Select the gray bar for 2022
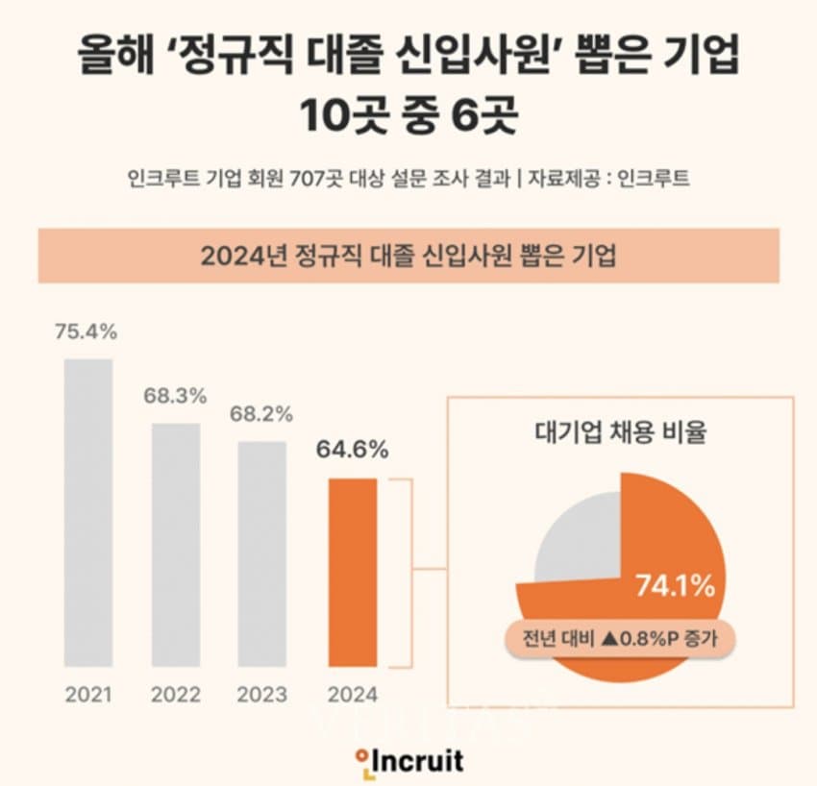(176, 544)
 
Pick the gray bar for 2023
(261, 553)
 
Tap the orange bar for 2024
(352, 573)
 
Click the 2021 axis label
(88, 694)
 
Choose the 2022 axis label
(176, 694)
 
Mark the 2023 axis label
(261, 694)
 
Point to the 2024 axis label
(352, 694)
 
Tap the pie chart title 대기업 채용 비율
(620, 432)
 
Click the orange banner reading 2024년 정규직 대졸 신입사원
(408, 256)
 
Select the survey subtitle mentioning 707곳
(408, 179)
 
